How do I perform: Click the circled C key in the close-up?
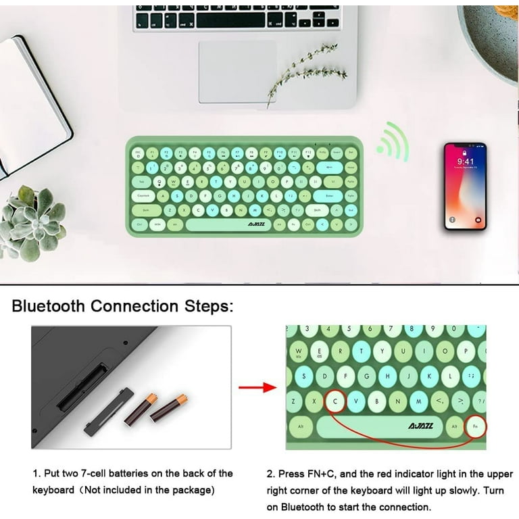point(335,402)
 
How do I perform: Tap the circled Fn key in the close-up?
point(475,426)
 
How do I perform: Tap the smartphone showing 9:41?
point(465,186)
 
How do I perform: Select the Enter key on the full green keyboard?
point(329,196)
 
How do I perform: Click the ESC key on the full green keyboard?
point(138,153)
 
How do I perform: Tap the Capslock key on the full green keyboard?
point(144,196)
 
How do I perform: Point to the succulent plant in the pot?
point(34,220)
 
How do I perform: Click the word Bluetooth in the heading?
point(48,305)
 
